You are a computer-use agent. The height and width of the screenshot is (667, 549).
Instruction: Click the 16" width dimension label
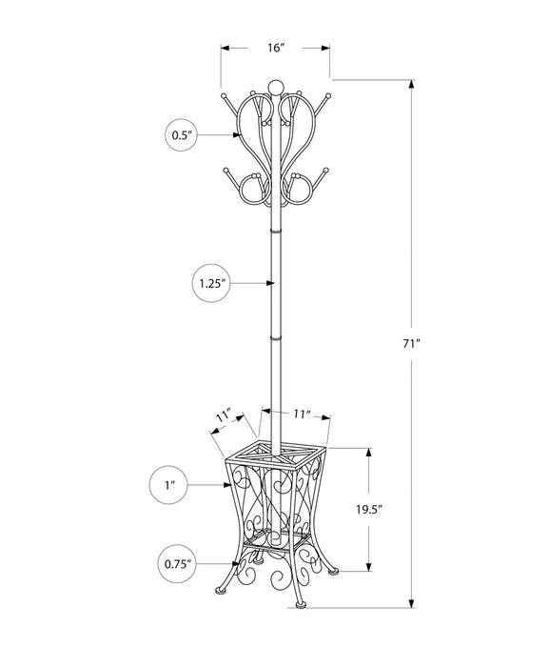pyautogui.click(x=275, y=46)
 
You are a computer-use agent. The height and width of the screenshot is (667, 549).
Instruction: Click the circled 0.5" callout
pyautogui.click(x=182, y=136)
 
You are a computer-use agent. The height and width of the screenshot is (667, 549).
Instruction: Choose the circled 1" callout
pyautogui.click(x=169, y=486)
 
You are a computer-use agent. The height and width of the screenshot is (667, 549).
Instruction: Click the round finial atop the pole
pyautogui.click(x=275, y=87)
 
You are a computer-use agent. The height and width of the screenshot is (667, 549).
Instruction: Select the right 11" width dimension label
pyautogui.click(x=302, y=414)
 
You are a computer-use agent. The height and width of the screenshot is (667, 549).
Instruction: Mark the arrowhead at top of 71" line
pyautogui.click(x=413, y=84)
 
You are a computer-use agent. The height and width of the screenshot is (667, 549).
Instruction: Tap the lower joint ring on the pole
pyautogui.click(x=275, y=337)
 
